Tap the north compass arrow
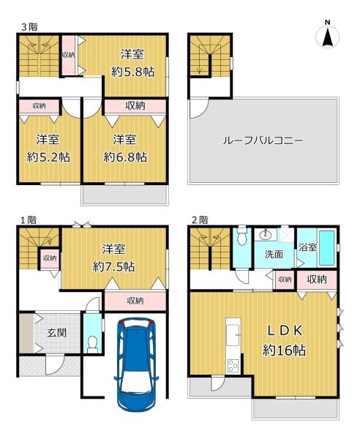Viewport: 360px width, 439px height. click(x=327, y=37)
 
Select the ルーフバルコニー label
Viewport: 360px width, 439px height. click(x=263, y=140)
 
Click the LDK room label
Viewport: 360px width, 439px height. click(x=285, y=331)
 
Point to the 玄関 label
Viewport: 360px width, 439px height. click(x=57, y=333)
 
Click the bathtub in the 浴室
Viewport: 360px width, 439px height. click(x=326, y=248)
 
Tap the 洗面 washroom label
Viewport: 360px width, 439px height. click(x=274, y=254)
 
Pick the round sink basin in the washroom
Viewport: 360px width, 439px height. click(x=265, y=235)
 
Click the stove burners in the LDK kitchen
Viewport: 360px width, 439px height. click(x=233, y=365)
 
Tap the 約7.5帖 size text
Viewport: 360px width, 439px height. click(x=114, y=266)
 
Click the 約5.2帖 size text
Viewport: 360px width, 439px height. click(x=48, y=157)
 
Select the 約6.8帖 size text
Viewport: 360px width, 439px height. click(x=125, y=157)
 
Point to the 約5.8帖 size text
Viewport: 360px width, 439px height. click(x=132, y=72)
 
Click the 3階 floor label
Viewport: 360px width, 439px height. click(x=30, y=27)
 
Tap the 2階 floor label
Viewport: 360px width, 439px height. click(x=200, y=220)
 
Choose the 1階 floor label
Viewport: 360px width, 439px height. click(x=29, y=220)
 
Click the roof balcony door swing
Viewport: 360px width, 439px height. click(x=199, y=108)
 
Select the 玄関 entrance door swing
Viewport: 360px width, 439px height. click(x=56, y=365)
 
